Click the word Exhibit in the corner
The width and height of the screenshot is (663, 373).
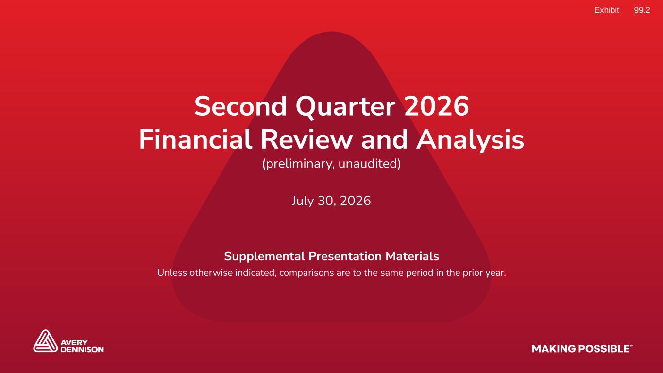607,10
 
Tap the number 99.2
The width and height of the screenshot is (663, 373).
642,10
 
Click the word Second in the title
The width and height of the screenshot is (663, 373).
240,106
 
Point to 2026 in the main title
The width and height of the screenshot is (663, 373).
437,106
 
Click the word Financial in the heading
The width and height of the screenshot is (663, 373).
196,139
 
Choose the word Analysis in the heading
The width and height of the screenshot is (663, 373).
470,141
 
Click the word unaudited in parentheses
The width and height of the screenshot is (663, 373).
369,164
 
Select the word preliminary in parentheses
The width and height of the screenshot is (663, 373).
299,164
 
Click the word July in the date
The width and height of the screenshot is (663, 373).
303,201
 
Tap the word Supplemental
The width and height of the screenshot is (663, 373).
264,256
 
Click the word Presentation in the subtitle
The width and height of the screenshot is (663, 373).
345,256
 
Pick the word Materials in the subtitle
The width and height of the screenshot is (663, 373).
412,256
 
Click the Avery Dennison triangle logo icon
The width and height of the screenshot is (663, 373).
45,341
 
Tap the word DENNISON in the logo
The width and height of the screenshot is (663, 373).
82,349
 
